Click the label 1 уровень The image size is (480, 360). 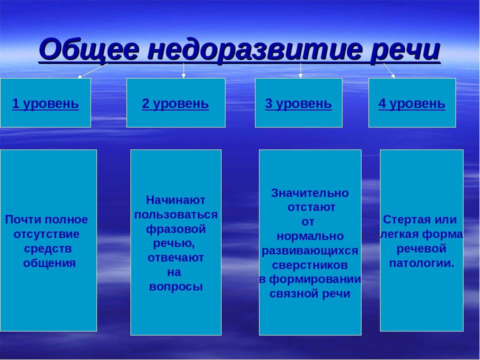(45, 104)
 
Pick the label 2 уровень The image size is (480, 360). (175, 104)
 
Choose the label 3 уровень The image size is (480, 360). (298, 104)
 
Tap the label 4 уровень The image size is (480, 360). (411, 104)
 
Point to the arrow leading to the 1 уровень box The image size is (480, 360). (93, 70)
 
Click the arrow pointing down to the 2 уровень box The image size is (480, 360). (183, 70)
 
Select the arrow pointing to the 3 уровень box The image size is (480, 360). (300, 70)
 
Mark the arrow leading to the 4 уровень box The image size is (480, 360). (389, 70)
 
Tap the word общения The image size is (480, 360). (49, 263)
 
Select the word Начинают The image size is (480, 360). (175, 200)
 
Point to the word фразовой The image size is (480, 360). (175, 229)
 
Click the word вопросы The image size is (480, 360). (175, 287)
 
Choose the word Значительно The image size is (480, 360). (310, 193)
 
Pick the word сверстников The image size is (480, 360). (310, 265)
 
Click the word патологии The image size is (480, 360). (421, 263)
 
